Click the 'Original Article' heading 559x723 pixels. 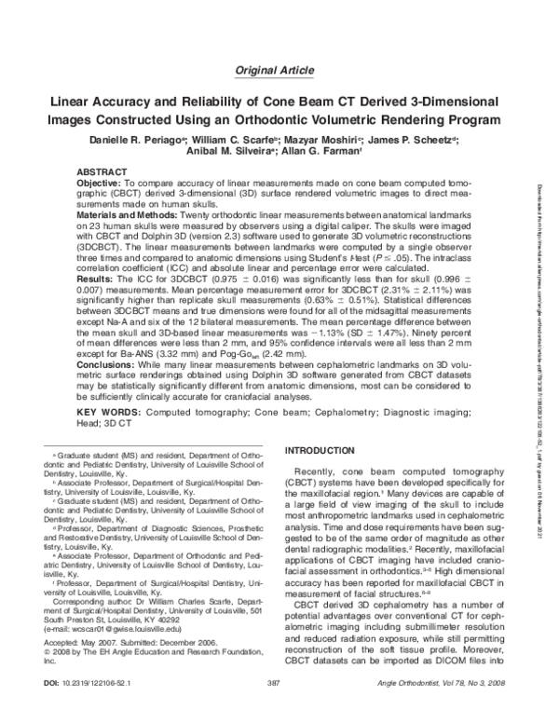[279, 69]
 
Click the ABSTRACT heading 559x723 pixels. [101, 173]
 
